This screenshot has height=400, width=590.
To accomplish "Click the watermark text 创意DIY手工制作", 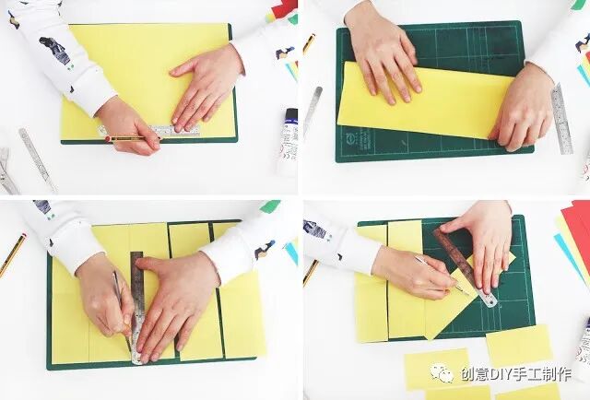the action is [516, 374].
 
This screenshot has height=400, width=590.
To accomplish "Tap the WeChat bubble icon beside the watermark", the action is [442, 373].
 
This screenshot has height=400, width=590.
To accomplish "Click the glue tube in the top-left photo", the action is [288, 142].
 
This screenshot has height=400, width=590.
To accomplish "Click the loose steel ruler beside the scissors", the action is [38, 159].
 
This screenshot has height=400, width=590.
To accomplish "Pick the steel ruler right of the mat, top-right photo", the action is [562, 119].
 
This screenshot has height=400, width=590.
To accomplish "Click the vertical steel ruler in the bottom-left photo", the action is [137, 308].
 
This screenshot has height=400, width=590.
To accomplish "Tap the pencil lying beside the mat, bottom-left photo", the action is [13, 255].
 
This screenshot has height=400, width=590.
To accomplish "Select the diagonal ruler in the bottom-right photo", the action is [466, 267].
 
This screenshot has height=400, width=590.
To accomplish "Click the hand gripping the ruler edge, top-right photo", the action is [522, 108].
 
